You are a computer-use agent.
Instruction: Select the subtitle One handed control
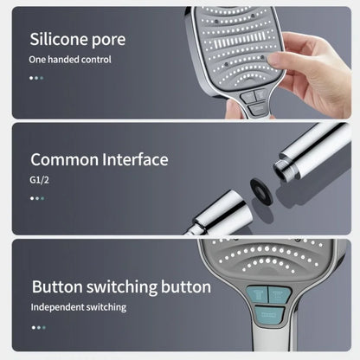point(70,60)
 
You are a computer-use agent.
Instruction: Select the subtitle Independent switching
point(79,306)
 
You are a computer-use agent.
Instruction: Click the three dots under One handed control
point(36,78)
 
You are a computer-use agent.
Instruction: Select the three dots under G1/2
point(36,198)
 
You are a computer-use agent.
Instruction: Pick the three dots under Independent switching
point(36,327)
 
